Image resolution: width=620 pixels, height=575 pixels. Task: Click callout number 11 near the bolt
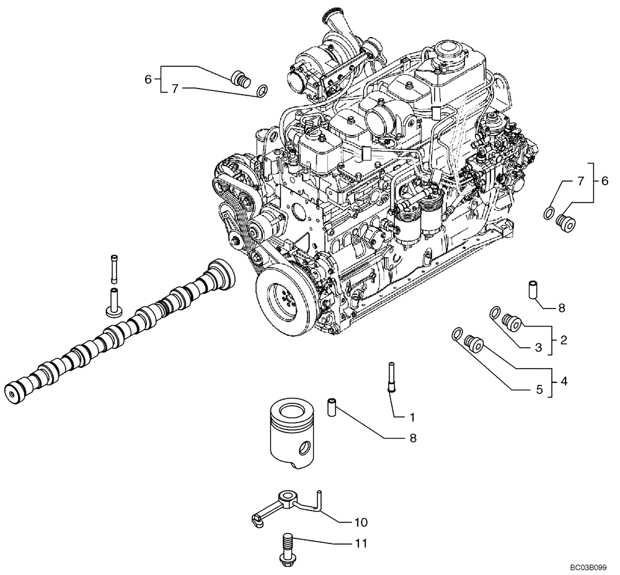(361, 544)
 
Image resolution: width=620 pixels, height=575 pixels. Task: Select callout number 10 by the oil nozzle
(360, 522)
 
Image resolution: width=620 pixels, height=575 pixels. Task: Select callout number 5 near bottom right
(539, 390)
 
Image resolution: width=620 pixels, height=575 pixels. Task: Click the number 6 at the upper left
(148, 79)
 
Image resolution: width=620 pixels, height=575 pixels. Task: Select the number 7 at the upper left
(175, 89)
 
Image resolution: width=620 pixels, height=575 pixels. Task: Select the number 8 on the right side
(561, 307)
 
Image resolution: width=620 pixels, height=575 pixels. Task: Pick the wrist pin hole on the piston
(304, 447)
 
